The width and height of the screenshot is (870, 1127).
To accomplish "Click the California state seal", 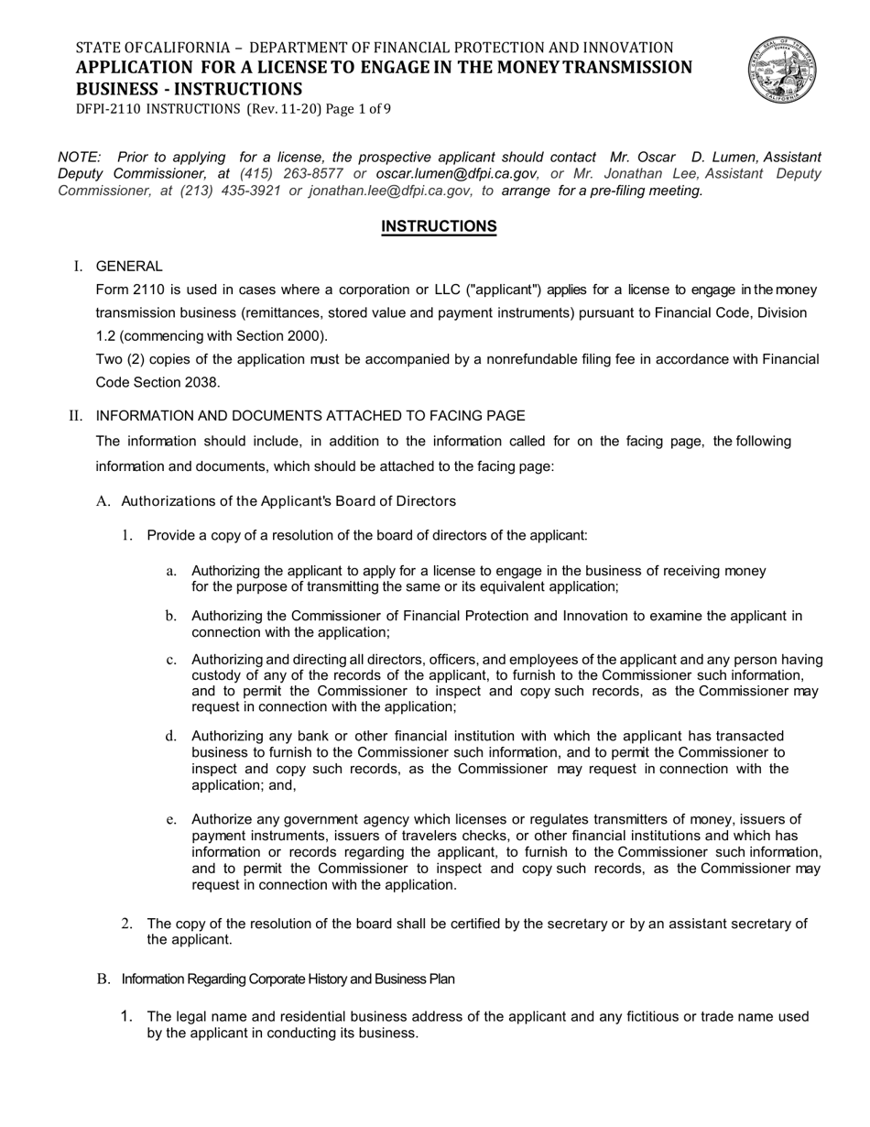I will (x=782, y=71).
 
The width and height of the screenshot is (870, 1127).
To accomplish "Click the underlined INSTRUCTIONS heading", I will (x=439, y=226).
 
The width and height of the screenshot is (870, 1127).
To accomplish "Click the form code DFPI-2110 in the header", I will (x=109, y=109).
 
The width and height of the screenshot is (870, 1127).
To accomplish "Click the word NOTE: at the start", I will (x=79, y=158).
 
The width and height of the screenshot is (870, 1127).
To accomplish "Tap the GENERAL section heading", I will (x=129, y=267).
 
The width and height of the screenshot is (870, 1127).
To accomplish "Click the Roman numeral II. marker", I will (x=75, y=416).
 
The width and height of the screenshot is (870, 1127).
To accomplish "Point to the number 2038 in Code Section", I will (x=201, y=382).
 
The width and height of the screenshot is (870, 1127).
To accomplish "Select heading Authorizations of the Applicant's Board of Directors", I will (x=288, y=501).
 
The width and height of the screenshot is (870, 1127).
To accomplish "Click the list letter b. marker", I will (x=170, y=616).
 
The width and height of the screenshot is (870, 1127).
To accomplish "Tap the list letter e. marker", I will (x=170, y=819).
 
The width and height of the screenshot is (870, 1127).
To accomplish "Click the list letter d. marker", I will (x=170, y=736).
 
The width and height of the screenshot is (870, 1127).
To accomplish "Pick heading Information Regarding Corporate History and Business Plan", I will (x=288, y=979).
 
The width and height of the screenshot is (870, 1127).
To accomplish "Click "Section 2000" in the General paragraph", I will (x=277, y=335).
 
